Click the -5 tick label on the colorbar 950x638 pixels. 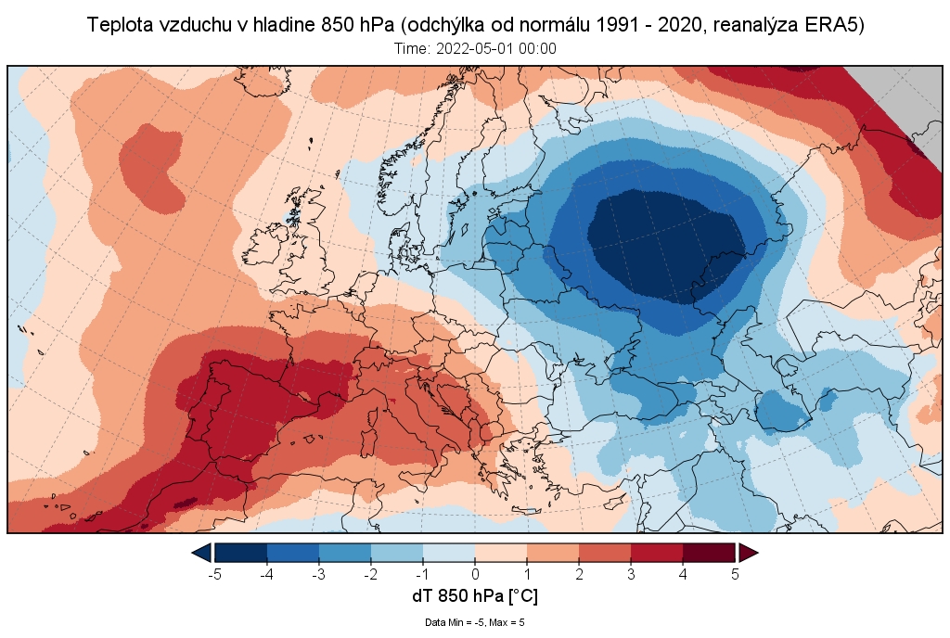[214, 574]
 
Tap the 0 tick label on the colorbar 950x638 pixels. [475, 574]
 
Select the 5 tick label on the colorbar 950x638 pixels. [735, 574]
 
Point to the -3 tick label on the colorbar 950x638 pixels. [318, 574]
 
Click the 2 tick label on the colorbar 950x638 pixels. [579, 574]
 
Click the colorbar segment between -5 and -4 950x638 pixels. [241, 553]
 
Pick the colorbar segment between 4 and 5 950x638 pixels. [709, 553]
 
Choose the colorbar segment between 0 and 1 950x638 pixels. [501, 553]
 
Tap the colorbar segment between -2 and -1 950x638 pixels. [397, 553]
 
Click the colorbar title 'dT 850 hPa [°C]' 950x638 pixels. [475, 595]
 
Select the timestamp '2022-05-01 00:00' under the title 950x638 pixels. [496, 49]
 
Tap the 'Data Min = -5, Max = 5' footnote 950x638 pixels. [475, 622]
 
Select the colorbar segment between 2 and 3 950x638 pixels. [605, 553]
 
